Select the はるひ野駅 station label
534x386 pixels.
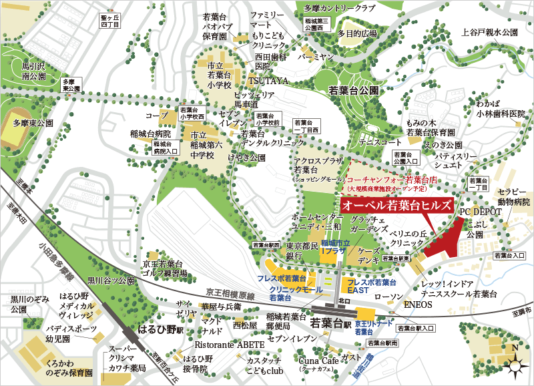[x=156, y=329]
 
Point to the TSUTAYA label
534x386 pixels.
[x=269, y=81]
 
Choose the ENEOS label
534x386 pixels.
[x=419, y=305]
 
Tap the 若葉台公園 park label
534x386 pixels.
[x=354, y=89]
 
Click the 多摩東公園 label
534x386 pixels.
[x=32, y=124]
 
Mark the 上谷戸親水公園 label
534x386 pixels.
[x=490, y=31]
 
